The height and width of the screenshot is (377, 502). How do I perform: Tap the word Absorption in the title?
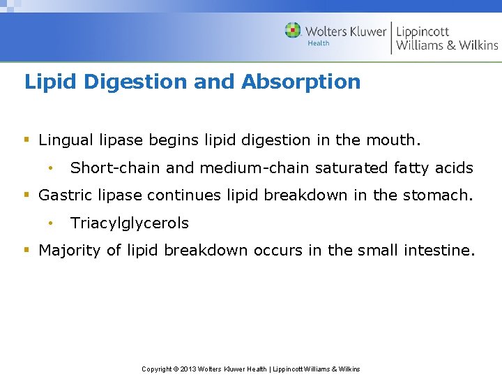pyautogui.click(x=301, y=82)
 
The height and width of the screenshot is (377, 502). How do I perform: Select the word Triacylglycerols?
pyautogui.click(x=130, y=223)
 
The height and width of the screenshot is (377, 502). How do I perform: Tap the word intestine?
pyautogui.click(x=439, y=251)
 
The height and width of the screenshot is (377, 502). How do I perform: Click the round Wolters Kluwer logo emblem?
pyautogui.click(x=293, y=31)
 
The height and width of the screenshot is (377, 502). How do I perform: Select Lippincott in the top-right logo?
pyautogui.click(x=423, y=31)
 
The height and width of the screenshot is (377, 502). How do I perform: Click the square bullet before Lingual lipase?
pyautogui.click(x=27, y=140)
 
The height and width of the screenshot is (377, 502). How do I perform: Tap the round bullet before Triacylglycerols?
pyautogui.click(x=51, y=223)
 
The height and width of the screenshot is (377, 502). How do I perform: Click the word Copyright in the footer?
pyautogui.click(x=156, y=369)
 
